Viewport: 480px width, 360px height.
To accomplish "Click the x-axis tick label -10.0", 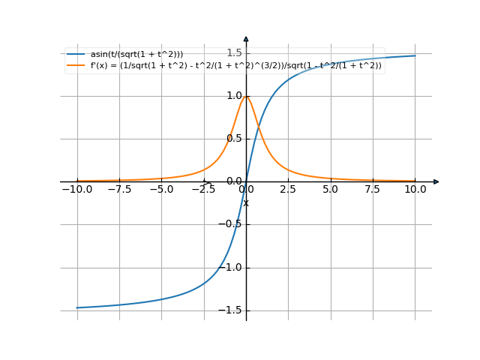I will tap(76, 190).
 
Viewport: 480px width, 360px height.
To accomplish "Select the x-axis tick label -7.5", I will tap(119, 190).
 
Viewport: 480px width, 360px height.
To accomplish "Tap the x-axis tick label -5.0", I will tap(161, 190).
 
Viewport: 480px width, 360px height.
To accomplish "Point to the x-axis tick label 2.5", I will tap(288, 190).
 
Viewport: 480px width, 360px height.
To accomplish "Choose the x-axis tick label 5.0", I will tap(331, 190).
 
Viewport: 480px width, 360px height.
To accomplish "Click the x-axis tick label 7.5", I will tap(373, 190).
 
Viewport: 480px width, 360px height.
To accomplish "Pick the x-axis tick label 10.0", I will tap(415, 190).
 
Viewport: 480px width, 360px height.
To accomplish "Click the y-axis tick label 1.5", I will tap(234, 52).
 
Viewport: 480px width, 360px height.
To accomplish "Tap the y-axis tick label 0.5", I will tap(234, 138).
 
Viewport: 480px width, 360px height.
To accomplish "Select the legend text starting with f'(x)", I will tap(236, 65).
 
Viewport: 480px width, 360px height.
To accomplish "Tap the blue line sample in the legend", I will tap(75, 55).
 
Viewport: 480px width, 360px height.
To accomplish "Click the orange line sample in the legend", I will tap(75, 65).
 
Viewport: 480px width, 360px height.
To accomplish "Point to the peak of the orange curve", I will tap(246, 96).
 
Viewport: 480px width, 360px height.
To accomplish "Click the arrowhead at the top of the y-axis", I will tap(246, 38).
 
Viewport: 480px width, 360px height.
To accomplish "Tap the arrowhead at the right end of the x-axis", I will tap(436, 181).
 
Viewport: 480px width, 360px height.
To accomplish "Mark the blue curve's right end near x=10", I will tap(415, 55).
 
